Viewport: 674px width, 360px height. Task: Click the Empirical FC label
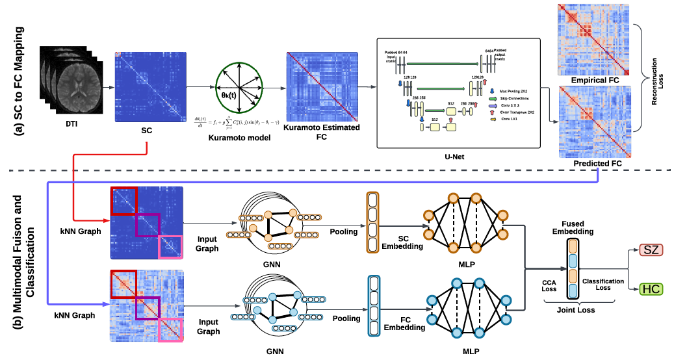click(593, 80)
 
